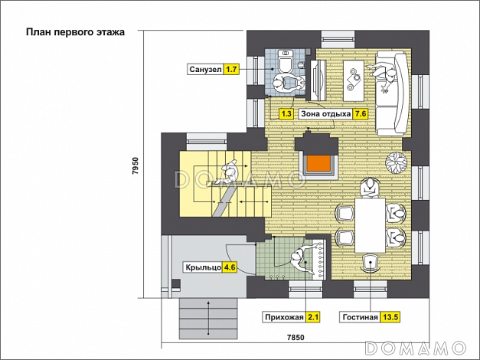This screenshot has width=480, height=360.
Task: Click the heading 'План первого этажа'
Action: tap(75, 32)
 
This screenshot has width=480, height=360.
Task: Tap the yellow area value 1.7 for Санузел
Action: tap(231, 69)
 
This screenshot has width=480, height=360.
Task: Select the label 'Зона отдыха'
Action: tap(325, 114)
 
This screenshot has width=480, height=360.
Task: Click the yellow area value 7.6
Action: tap(360, 114)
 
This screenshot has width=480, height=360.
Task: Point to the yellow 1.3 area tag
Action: tap(286, 114)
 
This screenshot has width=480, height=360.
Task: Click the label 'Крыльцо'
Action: tap(204, 267)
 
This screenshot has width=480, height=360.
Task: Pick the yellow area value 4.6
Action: tap(230, 267)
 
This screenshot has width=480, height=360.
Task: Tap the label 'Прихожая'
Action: tap(284, 317)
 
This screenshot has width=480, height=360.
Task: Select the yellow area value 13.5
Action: tap(390, 317)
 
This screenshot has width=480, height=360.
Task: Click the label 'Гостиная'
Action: tap(361, 317)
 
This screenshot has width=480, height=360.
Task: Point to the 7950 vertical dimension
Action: tap(136, 165)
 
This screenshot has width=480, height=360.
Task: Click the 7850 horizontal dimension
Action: tap(296, 337)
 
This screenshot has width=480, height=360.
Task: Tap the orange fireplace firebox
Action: tap(318, 163)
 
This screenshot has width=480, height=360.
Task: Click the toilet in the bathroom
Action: tap(285, 61)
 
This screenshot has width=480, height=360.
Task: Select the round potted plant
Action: tap(397, 162)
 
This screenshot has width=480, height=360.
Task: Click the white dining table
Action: tap(370, 225)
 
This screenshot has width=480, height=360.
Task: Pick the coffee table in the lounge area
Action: tap(354, 80)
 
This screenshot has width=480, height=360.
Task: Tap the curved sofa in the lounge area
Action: tap(393, 93)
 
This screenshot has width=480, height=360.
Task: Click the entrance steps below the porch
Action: tap(208, 319)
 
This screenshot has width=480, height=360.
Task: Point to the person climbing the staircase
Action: tap(227, 172)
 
